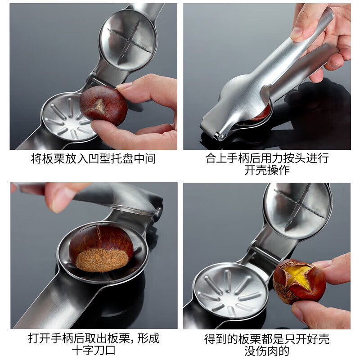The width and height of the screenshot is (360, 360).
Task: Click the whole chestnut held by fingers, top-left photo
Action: (103, 105)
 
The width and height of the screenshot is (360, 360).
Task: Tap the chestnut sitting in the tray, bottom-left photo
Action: (101, 247)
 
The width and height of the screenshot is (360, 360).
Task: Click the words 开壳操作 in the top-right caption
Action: (267, 171)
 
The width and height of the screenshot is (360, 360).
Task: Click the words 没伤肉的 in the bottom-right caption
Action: (267, 351)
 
